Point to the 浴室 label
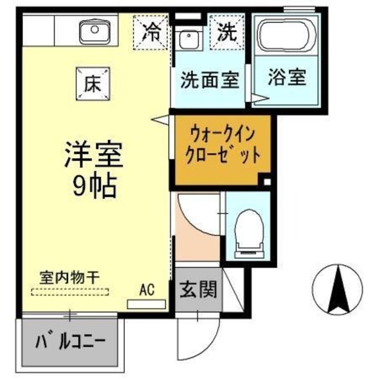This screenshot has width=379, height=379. click(x=287, y=78)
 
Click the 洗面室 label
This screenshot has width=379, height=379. click(x=210, y=80)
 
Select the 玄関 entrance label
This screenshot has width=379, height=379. click(x=198, y=290)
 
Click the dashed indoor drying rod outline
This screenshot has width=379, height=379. click(x=70, y=291)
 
